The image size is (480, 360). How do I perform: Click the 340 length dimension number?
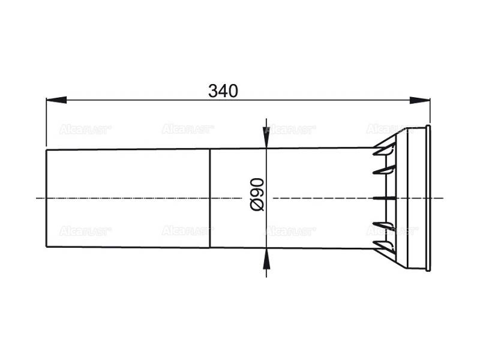tap(223, 91)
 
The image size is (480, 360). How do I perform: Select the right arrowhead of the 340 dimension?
tap(424, 100)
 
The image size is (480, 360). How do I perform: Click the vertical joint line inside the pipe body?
tap(210, 198)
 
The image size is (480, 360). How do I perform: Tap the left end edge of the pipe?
tap(47, 198)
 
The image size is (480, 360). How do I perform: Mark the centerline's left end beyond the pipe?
tap(40, 198)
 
